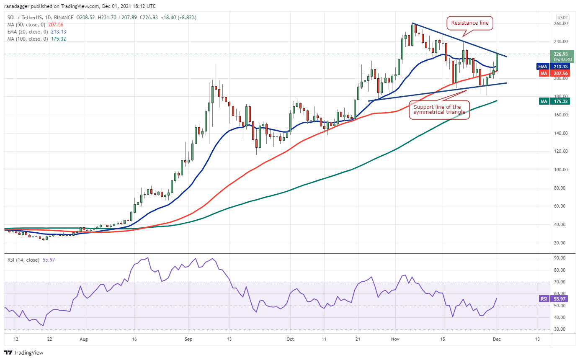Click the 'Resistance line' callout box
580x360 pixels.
[469, 23]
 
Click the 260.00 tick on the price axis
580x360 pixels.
[560, 23]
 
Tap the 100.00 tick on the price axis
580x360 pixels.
[560, 170]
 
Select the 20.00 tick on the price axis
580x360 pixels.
[560, 243]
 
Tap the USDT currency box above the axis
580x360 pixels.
[562, 17]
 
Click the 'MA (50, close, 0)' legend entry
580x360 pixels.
[24, 24]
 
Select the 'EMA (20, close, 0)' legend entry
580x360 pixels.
[25, 31]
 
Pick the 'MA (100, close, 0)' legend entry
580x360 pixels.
[26, 39]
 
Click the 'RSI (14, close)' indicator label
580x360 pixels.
[22, 260]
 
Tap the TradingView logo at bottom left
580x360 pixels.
[24, 352]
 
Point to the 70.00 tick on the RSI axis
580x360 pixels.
[559, 282]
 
